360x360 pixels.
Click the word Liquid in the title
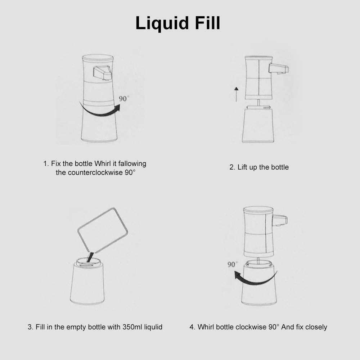[x=162, y=23]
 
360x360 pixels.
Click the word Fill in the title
[x=208, y=23]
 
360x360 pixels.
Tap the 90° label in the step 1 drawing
[x=124, y=99]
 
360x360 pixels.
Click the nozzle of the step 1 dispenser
[x=102, y=73]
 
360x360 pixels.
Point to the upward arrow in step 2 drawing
[x=236, y=94]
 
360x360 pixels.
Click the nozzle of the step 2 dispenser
[x=279, y=69]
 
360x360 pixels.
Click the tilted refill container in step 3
[x=103, y=230]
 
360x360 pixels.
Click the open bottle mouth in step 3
[x=89, y=262]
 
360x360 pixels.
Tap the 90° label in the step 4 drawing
[x=233, y=265]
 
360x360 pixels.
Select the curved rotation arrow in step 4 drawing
[x=255, y=279]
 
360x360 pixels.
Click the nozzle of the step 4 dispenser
[x=280, y=221]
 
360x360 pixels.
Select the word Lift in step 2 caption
[x=242, y=167]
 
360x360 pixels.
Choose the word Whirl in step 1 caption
[x=102, y=163]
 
